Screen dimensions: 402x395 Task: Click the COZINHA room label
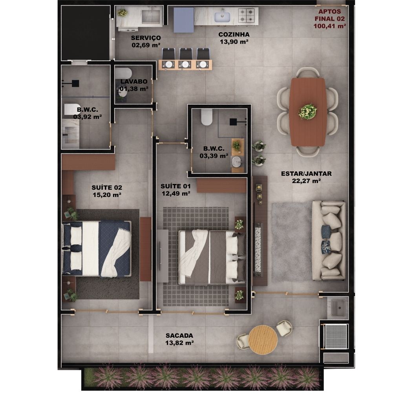click(234, 35)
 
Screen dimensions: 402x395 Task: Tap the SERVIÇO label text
click(146, 38)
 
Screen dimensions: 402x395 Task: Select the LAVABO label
click(134, 82)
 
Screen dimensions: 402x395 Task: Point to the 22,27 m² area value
click(306, 181)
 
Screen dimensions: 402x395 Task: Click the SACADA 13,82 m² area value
click(179, 343)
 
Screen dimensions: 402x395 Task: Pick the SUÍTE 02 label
click(107, 187)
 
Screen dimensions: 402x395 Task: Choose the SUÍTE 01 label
click(175, 186)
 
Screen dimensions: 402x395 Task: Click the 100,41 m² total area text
click(330, 26)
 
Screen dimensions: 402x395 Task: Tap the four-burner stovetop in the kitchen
click(247, 15)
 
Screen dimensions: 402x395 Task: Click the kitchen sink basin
click(222, 16)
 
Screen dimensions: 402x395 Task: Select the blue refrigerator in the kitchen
click(184, 20)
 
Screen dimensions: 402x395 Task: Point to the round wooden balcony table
click(263, 339)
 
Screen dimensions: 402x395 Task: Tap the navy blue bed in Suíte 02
click(97, 249)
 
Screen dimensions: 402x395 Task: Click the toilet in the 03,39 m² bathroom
click(206, 117)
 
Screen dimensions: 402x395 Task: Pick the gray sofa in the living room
click(329, 240)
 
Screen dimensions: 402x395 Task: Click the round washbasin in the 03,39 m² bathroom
click(237, 162)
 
